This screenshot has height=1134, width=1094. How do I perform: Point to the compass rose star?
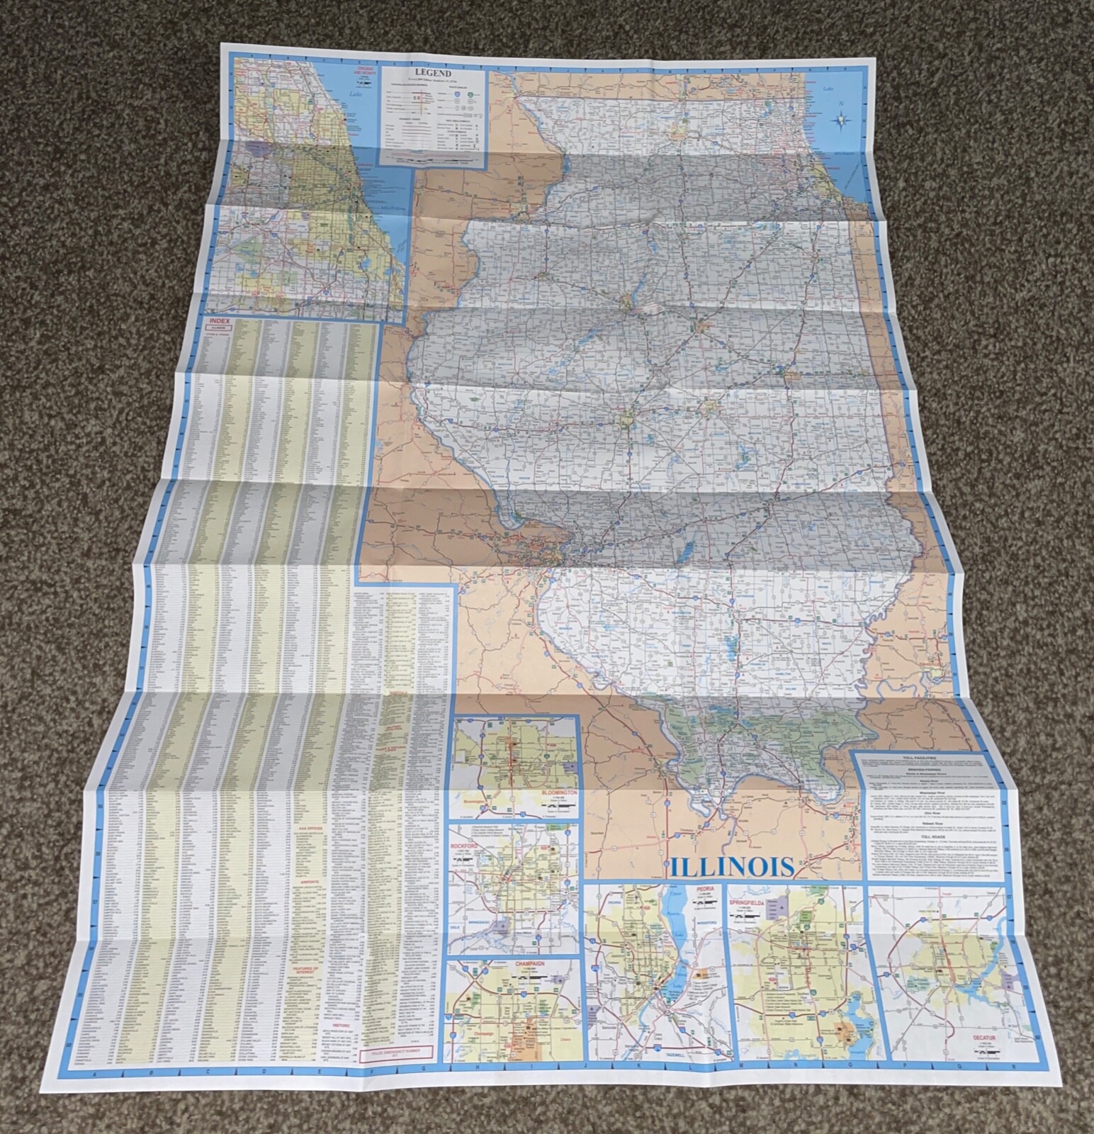point(841,121)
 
